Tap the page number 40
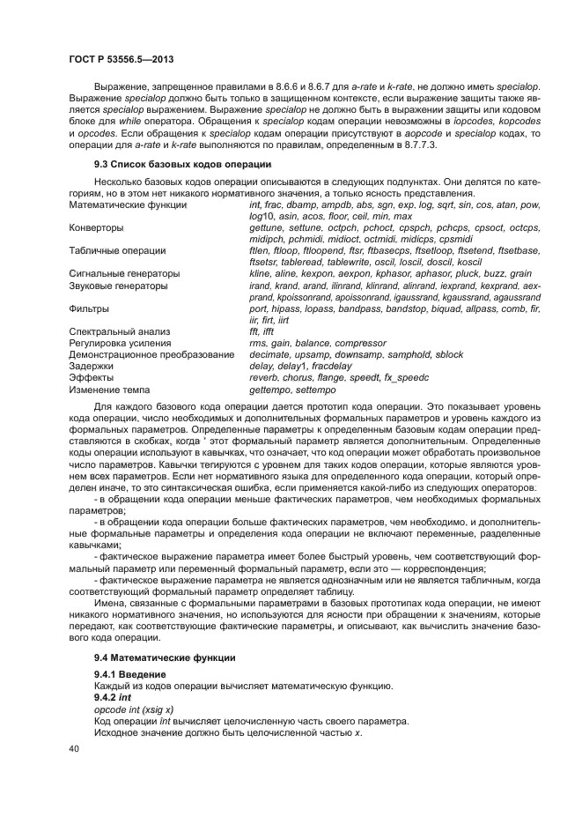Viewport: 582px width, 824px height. click(x=75, y=749)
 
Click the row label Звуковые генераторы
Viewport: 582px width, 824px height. click(x=118, y=286)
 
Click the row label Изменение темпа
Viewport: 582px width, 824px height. click(x=109, y=389)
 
